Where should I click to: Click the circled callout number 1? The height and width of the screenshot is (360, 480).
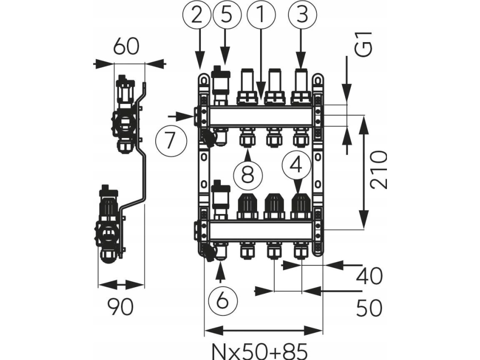tap(261, 16)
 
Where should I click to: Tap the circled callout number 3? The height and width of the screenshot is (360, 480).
tap(302, 16)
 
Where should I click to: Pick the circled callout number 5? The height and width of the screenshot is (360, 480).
tap(225, 16)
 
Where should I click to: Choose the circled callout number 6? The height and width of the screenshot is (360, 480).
tap(222, 299)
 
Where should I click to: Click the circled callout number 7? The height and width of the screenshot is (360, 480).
tap(171, 141)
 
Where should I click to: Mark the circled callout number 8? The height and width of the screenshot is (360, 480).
tap(247, 174)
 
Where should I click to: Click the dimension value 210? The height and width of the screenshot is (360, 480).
tap(379, 170)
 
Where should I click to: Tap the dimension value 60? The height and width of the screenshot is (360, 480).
tap(126, 47)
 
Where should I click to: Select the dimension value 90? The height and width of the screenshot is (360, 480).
tap(120, 307)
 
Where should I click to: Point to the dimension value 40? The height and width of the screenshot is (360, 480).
tap(369, 276)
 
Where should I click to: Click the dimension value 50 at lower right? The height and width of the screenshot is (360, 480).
tap(369, 308)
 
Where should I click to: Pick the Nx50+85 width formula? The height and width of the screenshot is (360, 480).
tap(260, 351)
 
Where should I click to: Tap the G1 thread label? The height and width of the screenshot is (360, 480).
tap(365, 46)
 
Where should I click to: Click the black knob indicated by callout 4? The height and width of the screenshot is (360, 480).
tap(301, 205)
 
